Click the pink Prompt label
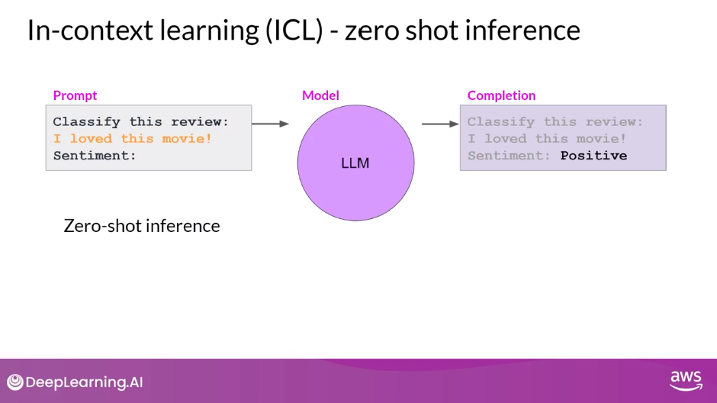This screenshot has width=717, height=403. coord(75,95)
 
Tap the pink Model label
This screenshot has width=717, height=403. coord(320,95)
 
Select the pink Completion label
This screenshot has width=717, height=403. coord(501,95)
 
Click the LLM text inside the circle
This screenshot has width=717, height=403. coord(355,163)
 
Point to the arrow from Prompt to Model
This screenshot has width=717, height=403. coord(271,123)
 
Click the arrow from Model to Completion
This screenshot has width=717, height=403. coord(440,123)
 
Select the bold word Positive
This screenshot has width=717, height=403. coord(593,156)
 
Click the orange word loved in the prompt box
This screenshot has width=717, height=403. coord(91,139)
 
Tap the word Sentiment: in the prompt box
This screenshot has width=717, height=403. coord(95,156)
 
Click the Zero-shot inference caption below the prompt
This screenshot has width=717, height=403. coord(142,226)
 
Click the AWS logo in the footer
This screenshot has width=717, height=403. coord(685,380)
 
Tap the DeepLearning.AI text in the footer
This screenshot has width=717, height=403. coord(84,382)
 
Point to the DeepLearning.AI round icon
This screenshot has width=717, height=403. coord(15,382)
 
